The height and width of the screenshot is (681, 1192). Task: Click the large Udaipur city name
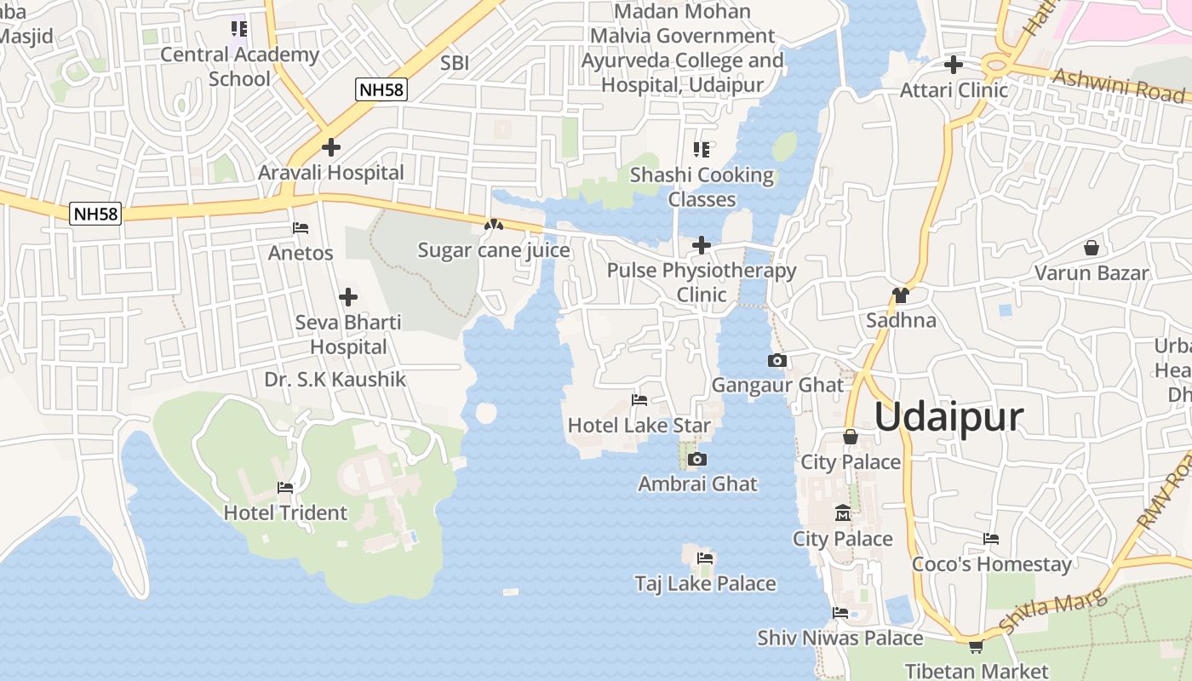click(x=948, y=418)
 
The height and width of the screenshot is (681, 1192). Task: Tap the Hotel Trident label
click(x=285, y=512)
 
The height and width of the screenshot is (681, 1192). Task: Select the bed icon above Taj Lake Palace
click(x=705, y=558)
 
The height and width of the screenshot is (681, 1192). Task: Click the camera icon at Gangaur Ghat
click(x=777, y=361)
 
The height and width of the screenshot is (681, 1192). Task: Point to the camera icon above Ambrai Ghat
click(x=697, y=460)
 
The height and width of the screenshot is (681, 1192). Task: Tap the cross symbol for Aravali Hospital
click(x=330, y=147)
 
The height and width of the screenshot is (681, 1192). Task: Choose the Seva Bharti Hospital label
click(x=348, y=335)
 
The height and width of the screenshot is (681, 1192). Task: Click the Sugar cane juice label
click(x=493, y=251)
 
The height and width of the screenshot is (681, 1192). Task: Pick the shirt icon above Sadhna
click(x=900, y=295)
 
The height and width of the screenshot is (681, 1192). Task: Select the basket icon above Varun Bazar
click(x=1091, y=248)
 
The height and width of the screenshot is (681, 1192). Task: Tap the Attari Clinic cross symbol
click(x=954, y=65)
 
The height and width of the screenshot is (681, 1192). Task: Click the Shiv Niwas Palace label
click(x=840, y=638)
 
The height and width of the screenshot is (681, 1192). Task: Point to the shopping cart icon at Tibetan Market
click(x=976, y=646)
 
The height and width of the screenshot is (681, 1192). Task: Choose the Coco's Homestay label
click(x=992, y=564)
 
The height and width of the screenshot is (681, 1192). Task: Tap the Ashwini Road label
click(x=1118, y=84)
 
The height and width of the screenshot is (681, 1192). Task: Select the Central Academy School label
click(x=239, y=66)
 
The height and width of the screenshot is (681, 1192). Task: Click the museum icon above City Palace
click(x=843, y=513)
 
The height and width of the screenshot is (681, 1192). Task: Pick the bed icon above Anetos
click(x=301, y=228)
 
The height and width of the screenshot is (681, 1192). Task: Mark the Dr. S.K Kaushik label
click(x=335, y=379)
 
